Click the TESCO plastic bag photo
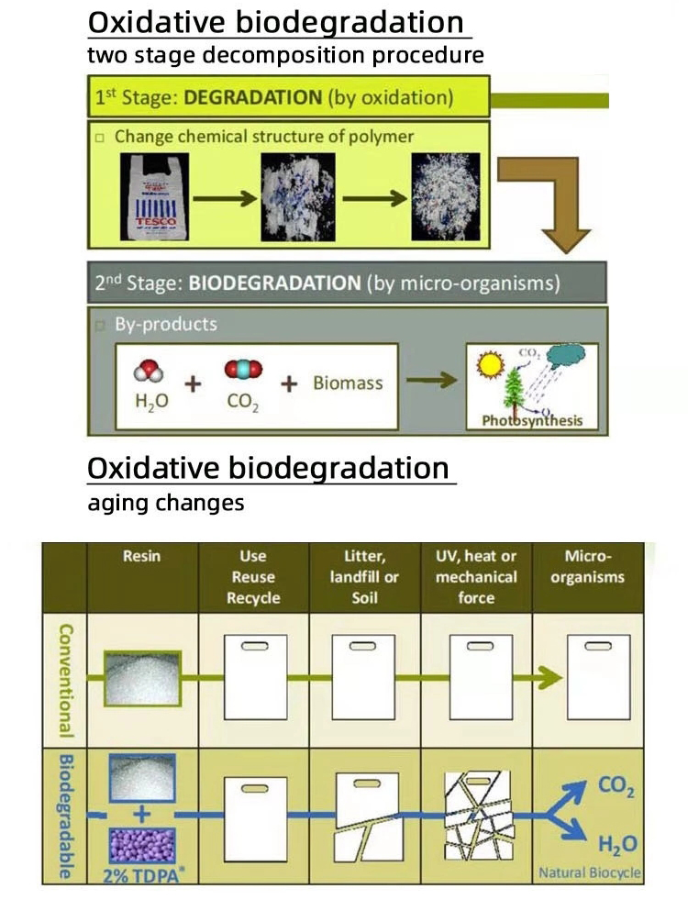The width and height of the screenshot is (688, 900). click(153, 197)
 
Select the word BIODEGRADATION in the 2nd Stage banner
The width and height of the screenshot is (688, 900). click(274, 283)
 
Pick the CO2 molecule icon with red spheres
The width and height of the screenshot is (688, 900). click(242, 369)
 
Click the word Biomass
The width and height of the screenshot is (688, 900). click(348, 383)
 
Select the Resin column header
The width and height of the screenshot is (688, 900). click(141, 556)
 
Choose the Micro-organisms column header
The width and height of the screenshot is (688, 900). click(588, 567)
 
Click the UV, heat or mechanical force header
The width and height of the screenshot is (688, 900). click(476, 577)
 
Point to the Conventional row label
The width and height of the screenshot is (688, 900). click(65, 679)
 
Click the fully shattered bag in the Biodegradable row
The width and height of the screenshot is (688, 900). click(476, 814)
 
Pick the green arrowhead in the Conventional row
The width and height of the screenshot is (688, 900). click(550, 678)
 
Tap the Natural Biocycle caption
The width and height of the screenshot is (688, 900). click(589, 872)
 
